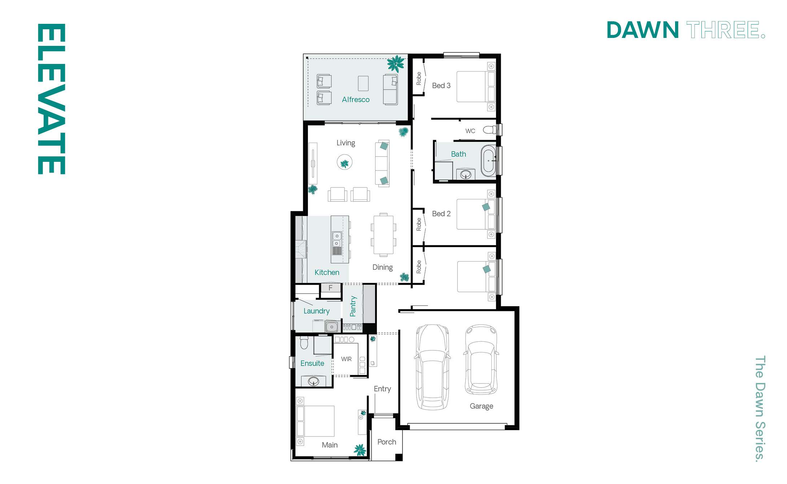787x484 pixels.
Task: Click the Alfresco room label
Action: coord(356,100)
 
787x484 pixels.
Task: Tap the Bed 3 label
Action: coord(441,86)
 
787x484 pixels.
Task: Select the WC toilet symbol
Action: coord(490,130)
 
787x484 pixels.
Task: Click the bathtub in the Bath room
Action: coord(488,161)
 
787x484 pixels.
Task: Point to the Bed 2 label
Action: coord(441,214)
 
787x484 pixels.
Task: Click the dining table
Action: coord(383,235)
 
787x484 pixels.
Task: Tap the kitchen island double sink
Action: coord(336,239)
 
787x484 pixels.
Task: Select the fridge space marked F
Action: coord(330,288)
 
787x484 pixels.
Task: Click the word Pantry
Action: coord(353,306)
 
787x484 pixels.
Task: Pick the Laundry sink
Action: coord(332,327)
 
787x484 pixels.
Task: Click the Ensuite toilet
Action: coord(304,342)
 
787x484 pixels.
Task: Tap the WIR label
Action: coord(346,359)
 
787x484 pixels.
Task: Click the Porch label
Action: coord(387,442)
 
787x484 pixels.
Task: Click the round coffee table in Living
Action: coord(344,163)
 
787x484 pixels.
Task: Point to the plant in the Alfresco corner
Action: coord(396,64)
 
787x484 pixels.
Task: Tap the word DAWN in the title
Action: coord(643,30)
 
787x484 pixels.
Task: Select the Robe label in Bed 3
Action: coord(419,78)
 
